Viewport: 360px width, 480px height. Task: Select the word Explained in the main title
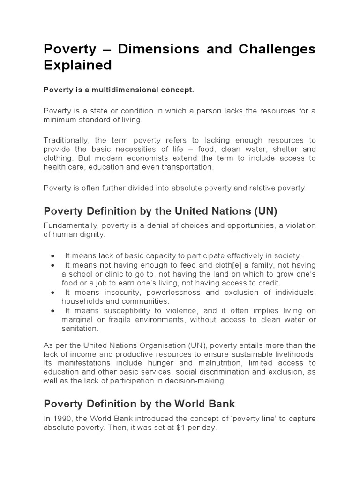pos(78,65)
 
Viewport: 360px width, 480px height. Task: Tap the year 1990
pos(61,420)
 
